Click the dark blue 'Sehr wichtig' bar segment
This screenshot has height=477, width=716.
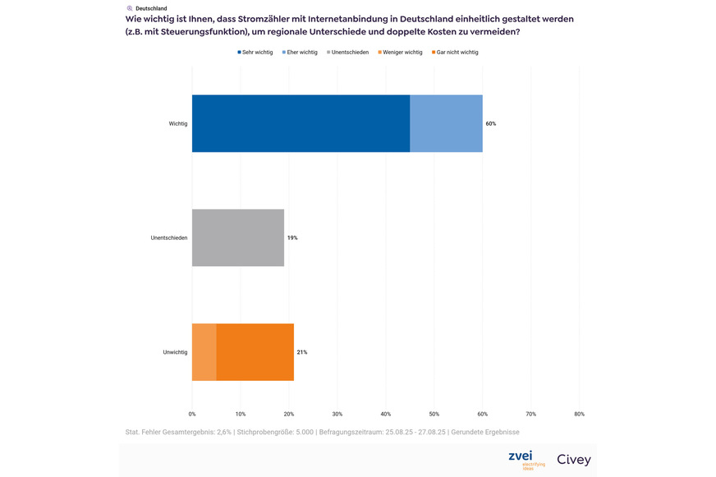(x=301, y=123)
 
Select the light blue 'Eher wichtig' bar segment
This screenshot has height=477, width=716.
(x=446, y=123)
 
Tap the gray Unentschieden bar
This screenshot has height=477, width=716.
(x=238, y=237)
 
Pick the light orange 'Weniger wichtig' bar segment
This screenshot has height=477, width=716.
(x=204, y=352)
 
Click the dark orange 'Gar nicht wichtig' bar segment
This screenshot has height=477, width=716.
(x=255, y=352)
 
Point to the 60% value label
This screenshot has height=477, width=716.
(x=491, y=123)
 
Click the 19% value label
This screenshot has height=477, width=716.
(x=292, y=237)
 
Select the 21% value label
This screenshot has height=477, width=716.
(x=302, y=352)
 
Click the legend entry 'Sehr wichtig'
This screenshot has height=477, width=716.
(x=257, y=52)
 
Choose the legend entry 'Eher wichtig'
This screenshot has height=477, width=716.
(x=302, y=52)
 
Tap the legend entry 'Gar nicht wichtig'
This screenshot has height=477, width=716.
(x=457, y=52)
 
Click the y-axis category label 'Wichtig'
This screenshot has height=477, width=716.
(x=177, y=123)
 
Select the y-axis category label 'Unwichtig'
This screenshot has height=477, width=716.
(x=175, y=352)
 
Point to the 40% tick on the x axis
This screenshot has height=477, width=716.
(x=386, y=414)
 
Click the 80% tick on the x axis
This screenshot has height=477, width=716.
(x=579, y=414)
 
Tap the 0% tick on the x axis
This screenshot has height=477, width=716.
(x=192, y=414)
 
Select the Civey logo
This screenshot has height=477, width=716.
(x=573, y=460)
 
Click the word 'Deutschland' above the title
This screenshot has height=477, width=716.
(x=151, y=8)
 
